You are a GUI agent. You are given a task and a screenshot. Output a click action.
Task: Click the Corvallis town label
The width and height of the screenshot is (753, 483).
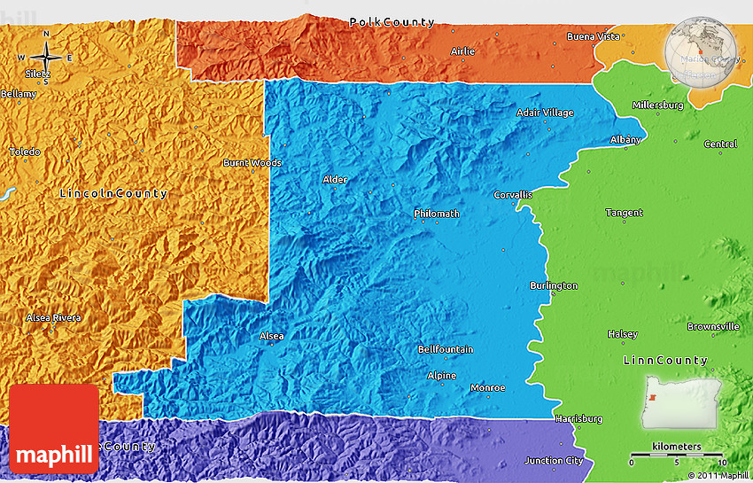coord(513,195)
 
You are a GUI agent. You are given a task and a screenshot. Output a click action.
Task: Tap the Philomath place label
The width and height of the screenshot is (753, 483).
coord(436,214)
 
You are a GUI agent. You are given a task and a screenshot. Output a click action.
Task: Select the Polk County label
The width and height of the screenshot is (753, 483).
coord(392,22)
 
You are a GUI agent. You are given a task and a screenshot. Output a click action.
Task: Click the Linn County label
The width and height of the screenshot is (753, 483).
coord(665,361)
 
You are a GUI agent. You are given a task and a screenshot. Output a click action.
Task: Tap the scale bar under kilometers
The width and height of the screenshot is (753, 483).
coord(676,455)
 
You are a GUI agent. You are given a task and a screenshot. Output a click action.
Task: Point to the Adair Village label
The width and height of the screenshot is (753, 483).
coord(545,113)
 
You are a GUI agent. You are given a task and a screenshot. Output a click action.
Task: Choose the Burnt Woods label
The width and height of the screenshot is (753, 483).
coord(252,163)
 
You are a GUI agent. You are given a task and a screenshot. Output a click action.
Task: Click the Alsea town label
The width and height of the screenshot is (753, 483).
coord(271,336)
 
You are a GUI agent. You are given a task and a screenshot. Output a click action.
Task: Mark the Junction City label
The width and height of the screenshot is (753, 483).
coord(554,460)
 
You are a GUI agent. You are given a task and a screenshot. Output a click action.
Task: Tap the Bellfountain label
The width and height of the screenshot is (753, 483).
coord(445,350)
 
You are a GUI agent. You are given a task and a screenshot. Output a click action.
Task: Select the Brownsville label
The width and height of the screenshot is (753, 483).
coord(712,326)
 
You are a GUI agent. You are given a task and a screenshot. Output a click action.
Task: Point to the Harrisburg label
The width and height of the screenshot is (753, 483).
coord(578,418)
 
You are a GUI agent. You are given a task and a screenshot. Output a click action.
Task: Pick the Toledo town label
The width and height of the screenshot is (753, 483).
coord(25,152)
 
